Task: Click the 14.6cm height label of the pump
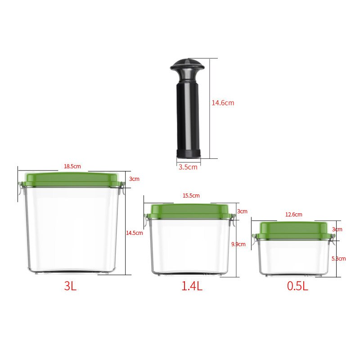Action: click(223, 103)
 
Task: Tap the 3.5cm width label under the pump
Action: click(188, 167)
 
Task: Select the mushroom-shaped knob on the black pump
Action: click(187, 67)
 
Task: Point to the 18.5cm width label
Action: click(72, 166)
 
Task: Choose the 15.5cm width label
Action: click(191, 196)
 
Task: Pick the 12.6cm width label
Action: click(293, 215)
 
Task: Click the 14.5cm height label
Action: click(134, 233)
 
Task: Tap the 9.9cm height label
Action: click(238, 244)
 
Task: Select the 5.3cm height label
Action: click(338, 258)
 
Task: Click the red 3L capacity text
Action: click(70, 286)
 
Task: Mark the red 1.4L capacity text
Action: click(192, 286)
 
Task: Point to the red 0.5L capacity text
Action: click(297, 286)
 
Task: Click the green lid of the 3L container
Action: click(71, 179)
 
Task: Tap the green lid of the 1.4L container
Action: click(190, 209)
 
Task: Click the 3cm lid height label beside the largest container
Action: click(134, 179)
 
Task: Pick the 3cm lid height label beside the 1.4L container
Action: click(242, 211)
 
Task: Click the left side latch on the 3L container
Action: click(21, 190)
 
